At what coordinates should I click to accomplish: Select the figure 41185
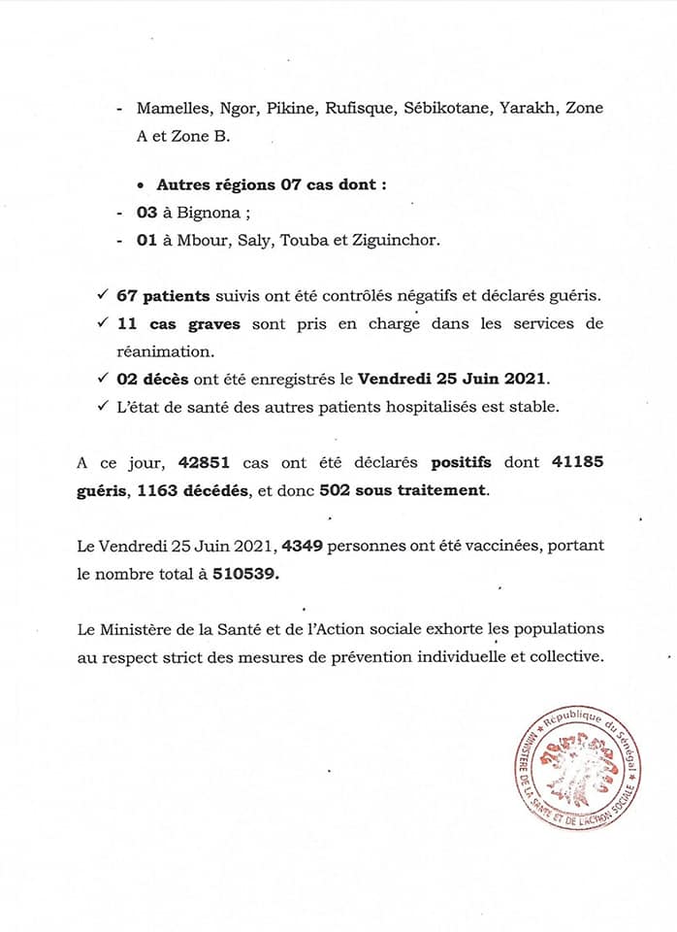[573, 463]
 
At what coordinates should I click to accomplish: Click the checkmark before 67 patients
[103, 294]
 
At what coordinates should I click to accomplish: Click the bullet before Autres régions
[142, 184]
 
